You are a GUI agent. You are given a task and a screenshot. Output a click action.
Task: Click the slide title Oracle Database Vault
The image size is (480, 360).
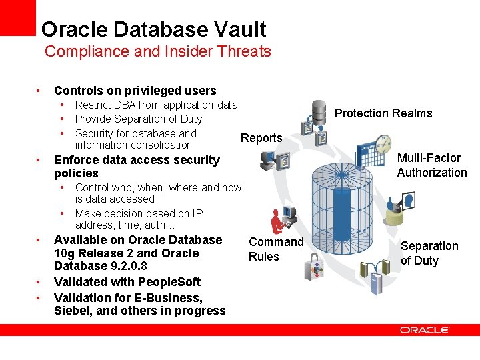pos(153,29)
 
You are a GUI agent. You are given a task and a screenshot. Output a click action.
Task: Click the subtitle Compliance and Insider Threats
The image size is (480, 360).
pos(157,51)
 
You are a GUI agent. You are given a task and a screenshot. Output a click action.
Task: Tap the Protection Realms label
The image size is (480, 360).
pos(383,113)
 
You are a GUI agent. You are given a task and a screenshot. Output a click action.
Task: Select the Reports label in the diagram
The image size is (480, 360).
pos(261,138)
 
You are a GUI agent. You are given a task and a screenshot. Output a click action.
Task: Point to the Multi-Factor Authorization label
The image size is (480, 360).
pos(432,165)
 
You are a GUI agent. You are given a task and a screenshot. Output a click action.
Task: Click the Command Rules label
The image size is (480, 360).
pos(275,249)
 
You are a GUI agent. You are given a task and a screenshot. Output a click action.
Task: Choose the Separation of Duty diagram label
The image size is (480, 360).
pos(429,253)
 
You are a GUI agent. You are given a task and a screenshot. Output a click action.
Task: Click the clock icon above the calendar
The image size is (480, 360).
pos(383,142)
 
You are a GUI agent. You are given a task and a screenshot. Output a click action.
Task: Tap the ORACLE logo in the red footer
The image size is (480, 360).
pos(424,330)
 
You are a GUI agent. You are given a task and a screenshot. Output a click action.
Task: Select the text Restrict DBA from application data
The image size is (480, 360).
pos(156,105)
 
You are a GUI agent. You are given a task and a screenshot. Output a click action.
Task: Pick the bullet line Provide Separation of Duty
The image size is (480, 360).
pos(139,119)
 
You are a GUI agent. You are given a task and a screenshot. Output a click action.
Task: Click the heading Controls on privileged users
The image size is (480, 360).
pos(135,91)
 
